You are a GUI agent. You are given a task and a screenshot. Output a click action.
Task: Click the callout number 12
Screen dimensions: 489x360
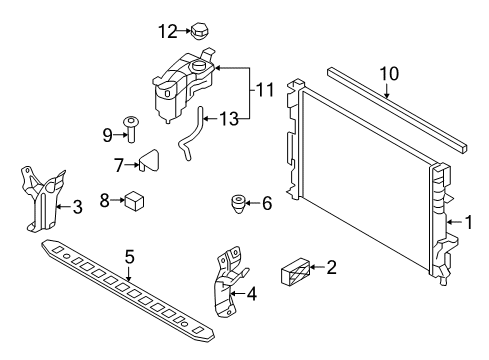click(167, 32)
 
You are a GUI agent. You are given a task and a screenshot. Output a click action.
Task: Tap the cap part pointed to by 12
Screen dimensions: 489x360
click(200, 31)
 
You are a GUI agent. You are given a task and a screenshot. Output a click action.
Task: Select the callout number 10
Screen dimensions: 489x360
click(389, 74)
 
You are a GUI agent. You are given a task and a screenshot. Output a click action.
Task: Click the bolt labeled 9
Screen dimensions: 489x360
click(131, 130)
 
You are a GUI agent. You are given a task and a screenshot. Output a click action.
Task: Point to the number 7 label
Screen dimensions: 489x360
click(119, 165)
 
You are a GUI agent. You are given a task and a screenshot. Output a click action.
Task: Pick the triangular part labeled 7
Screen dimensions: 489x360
click(149, 161)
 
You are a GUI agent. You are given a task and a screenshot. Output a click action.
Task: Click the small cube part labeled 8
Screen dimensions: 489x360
click(134, 201)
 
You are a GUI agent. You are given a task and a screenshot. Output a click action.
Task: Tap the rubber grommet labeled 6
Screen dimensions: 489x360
click(239, 204)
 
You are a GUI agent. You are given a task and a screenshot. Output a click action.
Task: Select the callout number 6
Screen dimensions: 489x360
click(267, 203)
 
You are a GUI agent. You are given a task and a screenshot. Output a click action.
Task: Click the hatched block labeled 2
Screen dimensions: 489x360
click(296, 272)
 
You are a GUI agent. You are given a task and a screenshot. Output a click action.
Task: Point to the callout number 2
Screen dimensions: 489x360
click(331, 267)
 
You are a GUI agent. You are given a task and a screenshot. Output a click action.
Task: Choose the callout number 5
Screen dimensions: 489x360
click(130, 257)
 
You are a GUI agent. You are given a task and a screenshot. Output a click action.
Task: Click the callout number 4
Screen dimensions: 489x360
click(252, 294)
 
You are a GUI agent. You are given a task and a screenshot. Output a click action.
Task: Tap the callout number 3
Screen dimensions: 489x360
click(77, 207)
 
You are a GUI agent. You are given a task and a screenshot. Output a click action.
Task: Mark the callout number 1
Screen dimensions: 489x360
click(469, 222)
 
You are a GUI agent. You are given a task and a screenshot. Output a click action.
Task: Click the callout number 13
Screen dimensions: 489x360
click(229, 119)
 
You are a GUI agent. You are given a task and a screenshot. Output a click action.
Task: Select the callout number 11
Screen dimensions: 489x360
click(265, 90)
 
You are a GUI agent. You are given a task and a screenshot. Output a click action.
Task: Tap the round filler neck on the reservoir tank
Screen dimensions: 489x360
click(199, 66)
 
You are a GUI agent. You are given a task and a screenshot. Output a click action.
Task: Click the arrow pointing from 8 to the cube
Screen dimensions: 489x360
click(118, 200)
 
